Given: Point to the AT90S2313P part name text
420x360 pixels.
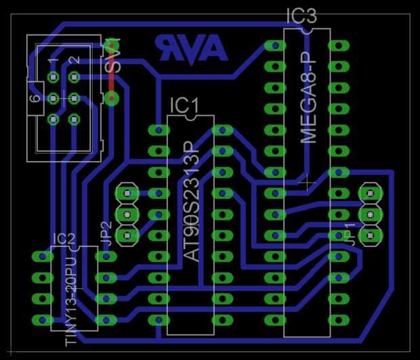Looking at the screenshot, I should [193, 202].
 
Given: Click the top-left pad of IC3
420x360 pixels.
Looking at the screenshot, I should [274, 46].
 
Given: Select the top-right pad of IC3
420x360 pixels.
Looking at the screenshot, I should [337, 46].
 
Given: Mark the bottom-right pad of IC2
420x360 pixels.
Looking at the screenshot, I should [104, 319].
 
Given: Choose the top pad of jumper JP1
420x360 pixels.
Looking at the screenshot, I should [369, 193].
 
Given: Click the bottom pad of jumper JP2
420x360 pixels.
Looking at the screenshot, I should [127, 235].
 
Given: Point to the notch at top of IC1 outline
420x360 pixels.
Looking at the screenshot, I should [190, 116].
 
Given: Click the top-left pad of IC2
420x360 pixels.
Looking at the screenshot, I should [42, 257].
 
